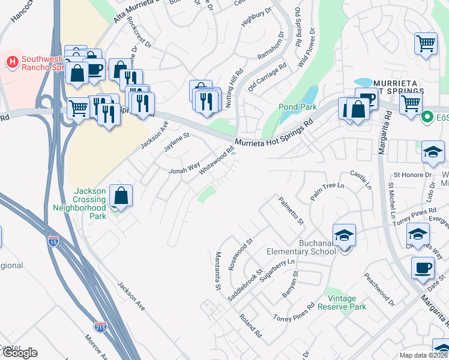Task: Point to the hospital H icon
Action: point(12,61)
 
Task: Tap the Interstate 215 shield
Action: point(100,327)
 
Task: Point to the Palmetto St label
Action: point(291,211)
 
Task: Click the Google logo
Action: point(19,353)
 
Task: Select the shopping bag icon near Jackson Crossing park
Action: point(121,195)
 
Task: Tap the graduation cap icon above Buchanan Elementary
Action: point(344,235)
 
